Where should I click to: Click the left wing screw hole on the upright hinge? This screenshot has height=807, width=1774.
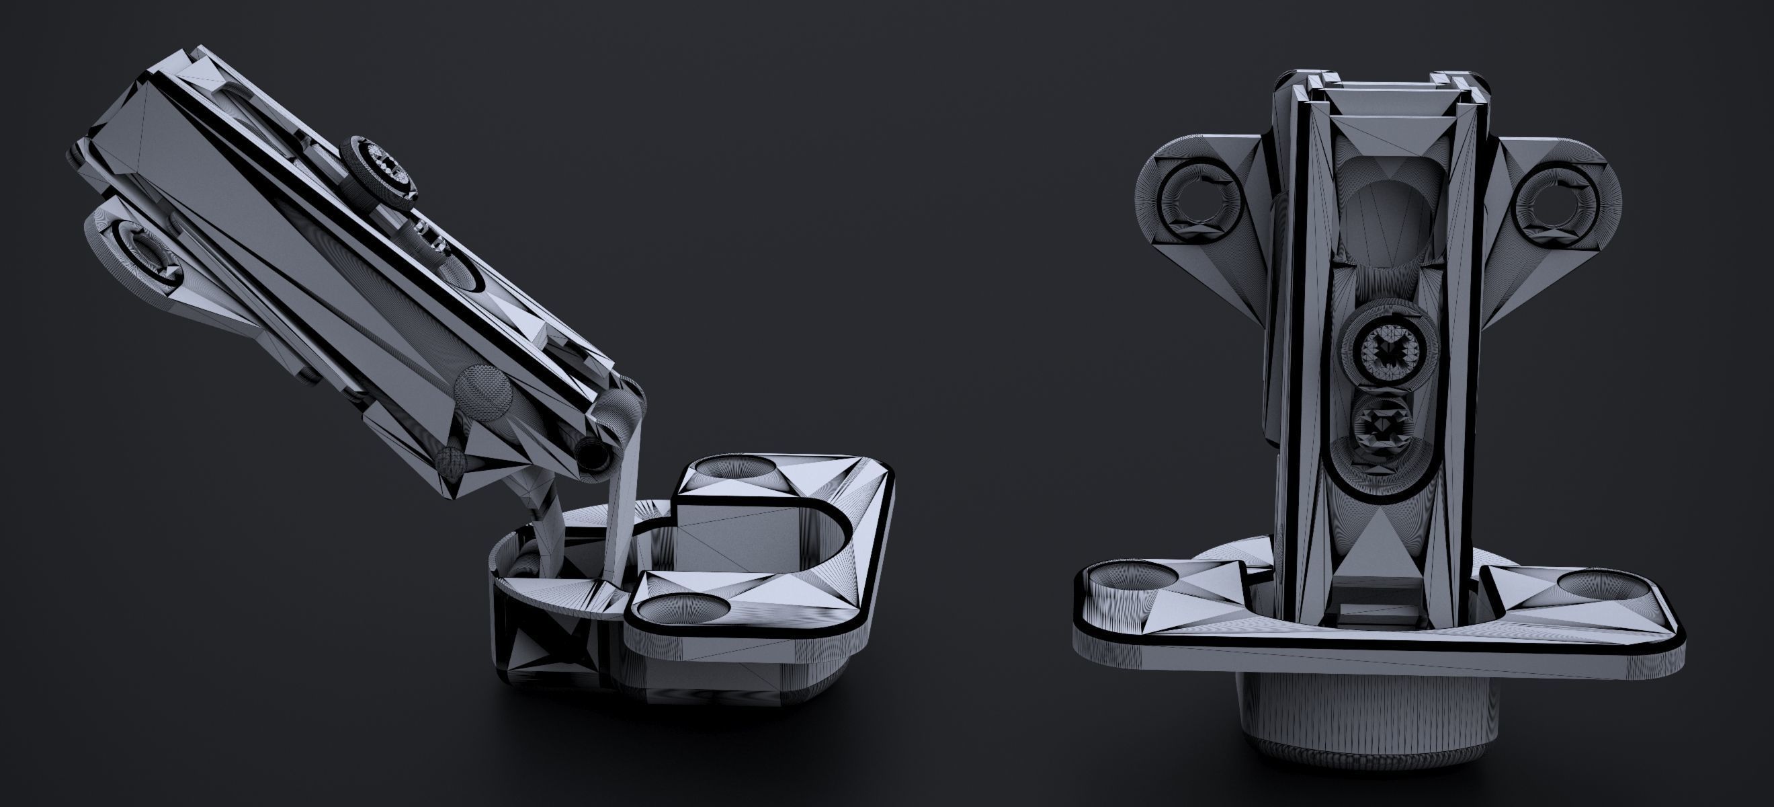(x=1199, y=202)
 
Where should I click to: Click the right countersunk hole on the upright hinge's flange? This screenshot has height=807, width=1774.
(x=1605, y=584)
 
